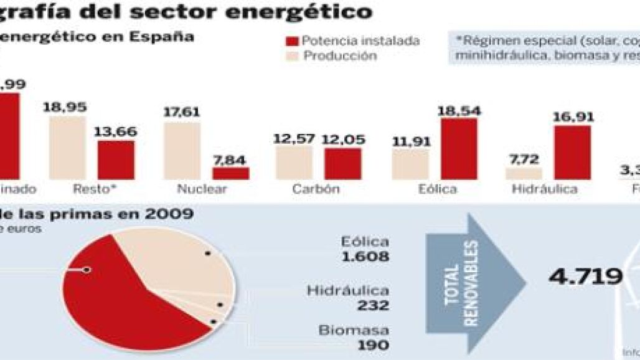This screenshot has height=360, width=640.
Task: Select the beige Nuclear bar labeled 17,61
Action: click(182, 151)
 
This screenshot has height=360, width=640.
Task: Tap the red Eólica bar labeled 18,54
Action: click(459, 148)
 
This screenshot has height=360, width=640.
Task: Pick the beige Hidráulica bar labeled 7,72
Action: click(524, 173)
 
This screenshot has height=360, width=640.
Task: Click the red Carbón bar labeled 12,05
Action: click(342, 163)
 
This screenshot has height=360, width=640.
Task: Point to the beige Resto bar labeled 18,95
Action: click(67, 147)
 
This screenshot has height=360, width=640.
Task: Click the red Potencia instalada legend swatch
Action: click(292, 41)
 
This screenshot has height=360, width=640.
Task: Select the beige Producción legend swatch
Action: click(292, 56)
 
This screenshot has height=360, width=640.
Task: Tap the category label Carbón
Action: click(316, 189)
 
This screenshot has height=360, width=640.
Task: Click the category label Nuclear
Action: click(202, 189)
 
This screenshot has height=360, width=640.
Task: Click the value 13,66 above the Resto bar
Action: click(116, 132)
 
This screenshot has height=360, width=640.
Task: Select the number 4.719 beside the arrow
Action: click(585, 277)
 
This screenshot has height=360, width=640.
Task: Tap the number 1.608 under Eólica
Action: click(365, 257)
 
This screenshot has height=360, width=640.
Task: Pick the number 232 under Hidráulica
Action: click(375, 306)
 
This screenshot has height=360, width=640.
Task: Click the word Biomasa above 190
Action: click(354, 330)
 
